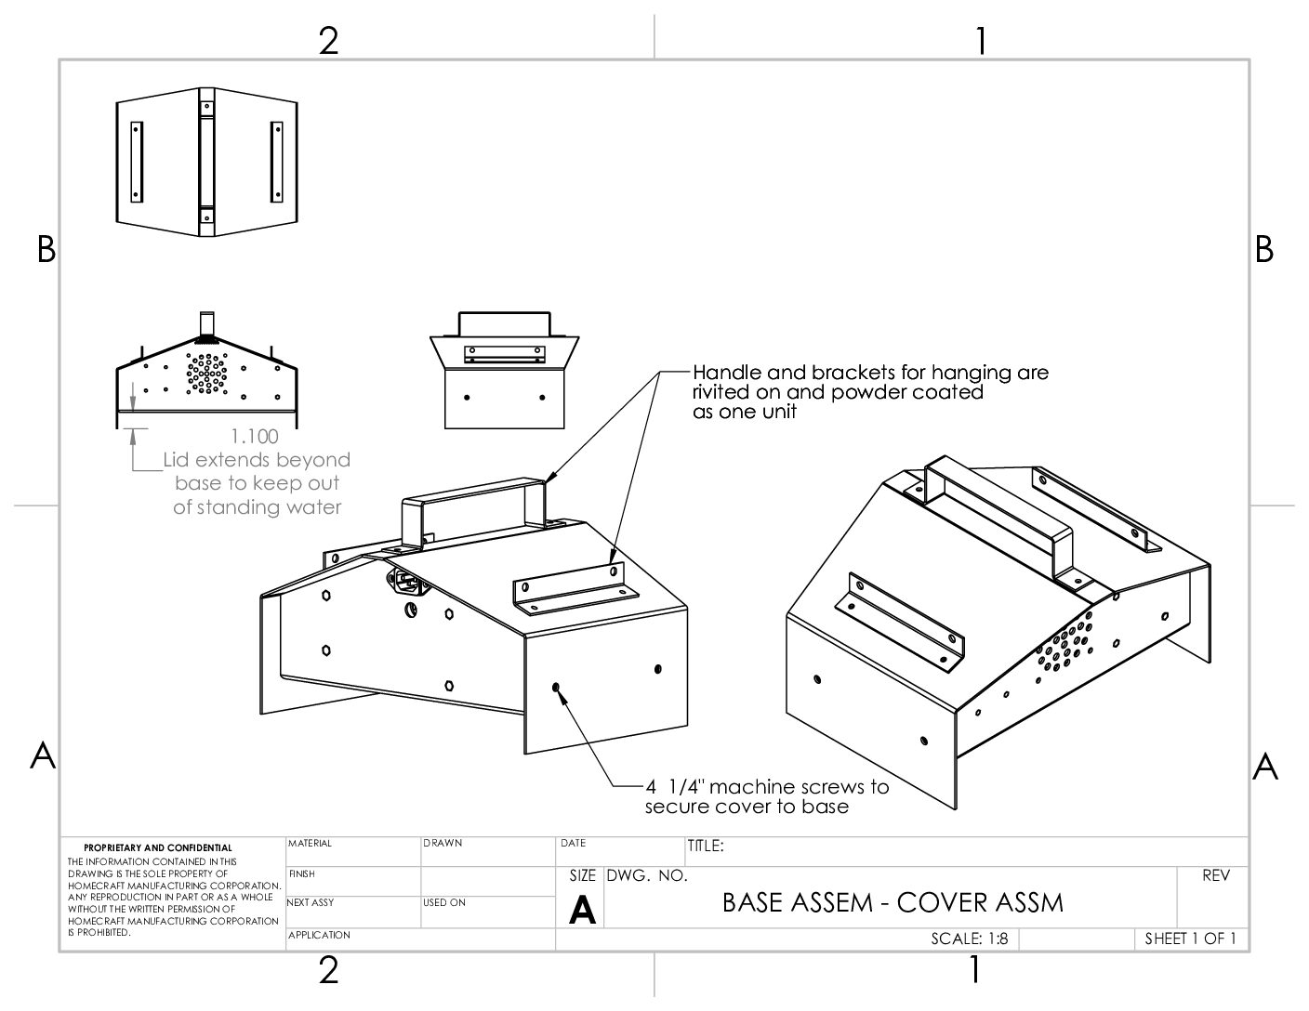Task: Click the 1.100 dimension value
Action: [x=254, y=436]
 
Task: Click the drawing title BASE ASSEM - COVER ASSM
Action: [x=892, y=902]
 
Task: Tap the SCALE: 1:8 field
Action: [x=969, y=939]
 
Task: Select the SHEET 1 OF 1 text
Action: [x=1190, y=939]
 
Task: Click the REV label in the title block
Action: [x=1215, y=875]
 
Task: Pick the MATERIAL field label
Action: [x=310, y=844]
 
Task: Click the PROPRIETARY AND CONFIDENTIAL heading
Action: [x=158, y=847]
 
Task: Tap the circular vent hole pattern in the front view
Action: [x=206, y=372]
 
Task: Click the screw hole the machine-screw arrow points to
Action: [x=556, y=688]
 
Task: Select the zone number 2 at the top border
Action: [x=328, y=41]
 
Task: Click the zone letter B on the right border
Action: [x=1264, y=249]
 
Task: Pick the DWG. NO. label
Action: [x=647, y=876]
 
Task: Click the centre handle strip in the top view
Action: [x=205, y=159]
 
